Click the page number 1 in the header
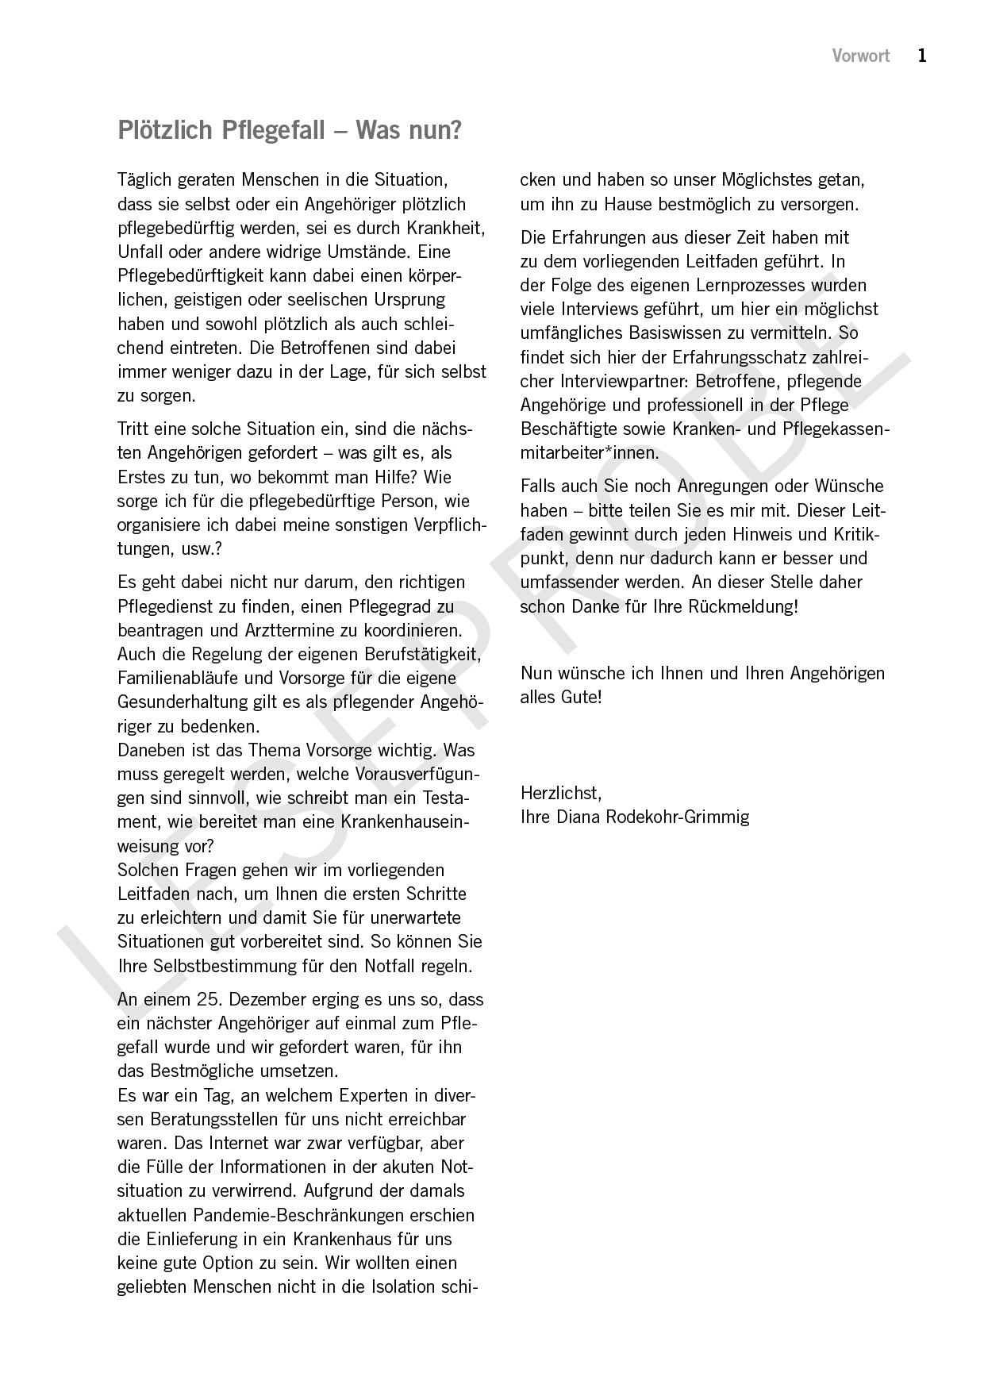922,56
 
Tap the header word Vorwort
861,56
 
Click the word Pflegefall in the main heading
273,130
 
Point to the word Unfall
140,252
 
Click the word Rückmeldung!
746,606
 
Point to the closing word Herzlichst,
561,792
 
